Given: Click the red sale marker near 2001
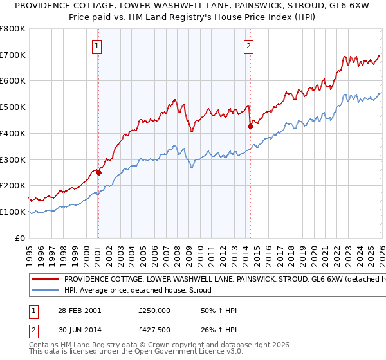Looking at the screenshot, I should point(98,172).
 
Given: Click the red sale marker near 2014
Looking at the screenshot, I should point(250,126).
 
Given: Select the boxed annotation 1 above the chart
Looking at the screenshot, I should point(96,45).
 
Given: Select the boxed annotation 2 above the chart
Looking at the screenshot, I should point(248,45).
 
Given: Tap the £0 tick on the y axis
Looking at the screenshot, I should point(21,238).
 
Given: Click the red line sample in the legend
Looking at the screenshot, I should point(44,280).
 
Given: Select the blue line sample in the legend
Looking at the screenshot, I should point(44,291).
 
